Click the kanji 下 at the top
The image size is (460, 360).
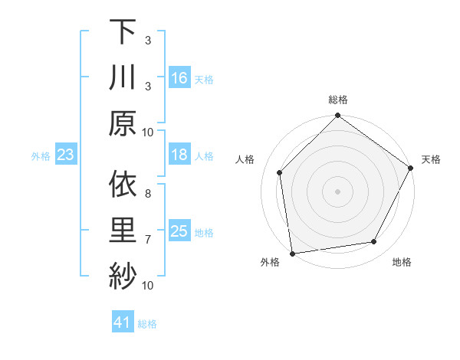pyautogui.click(x=123, y=32)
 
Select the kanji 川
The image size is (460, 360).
pyautogui.click(x=123, y=77)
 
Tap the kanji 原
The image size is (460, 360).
pyautogui.click(x=123, y=123)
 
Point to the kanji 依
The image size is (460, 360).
pyautogui.click(x=123, y=185)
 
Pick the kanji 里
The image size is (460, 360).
pyautogui.click(x=123, y=230)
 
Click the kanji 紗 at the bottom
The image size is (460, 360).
pyautogui.click(x=123, y=275)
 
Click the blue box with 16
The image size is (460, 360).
pyautogui.click(x=179, y=77)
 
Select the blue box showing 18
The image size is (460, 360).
pyautogui.click(x=179, y=155)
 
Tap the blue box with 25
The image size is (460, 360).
pyautogui.click(x=179, y=231)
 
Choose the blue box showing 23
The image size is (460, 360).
pyautogui.click(x=66, y=155)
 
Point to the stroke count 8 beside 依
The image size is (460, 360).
pyautogui.click(x=147, y=194)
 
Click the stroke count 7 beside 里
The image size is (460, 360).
pyautogui.click(x=147, y=240)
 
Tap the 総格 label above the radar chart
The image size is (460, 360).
pyautogui.click(x=338, y=100)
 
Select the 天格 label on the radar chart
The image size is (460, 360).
pyautogui.click(x=431, y=159)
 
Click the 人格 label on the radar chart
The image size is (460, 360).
pyautogui.click(x=245, y=159)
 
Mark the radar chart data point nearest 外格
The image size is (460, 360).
pyautogui.click(x=292, y=253)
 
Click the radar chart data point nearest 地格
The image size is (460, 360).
pyautogui.click(x=374, y=242)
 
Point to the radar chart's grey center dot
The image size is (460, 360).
pyautogui.click(x=338, y=191)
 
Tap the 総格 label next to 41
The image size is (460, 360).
pyautogui.click(x=147, y=324)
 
